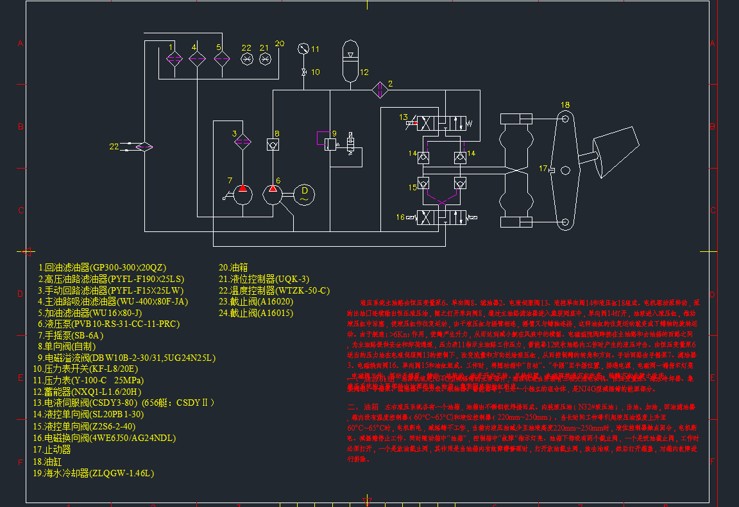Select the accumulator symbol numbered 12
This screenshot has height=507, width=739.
[350, 61]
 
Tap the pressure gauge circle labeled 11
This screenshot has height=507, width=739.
[303, 49]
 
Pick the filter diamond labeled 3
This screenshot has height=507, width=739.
[242, 141]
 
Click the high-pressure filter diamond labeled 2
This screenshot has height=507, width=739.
[380, 90]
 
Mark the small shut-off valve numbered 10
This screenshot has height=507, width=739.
[303, 72]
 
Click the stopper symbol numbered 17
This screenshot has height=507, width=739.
[565, 170]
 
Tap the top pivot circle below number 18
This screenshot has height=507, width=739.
[565, 119]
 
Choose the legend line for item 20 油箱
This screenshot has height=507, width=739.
[234, 267]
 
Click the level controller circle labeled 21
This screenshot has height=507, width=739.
[265, 59]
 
